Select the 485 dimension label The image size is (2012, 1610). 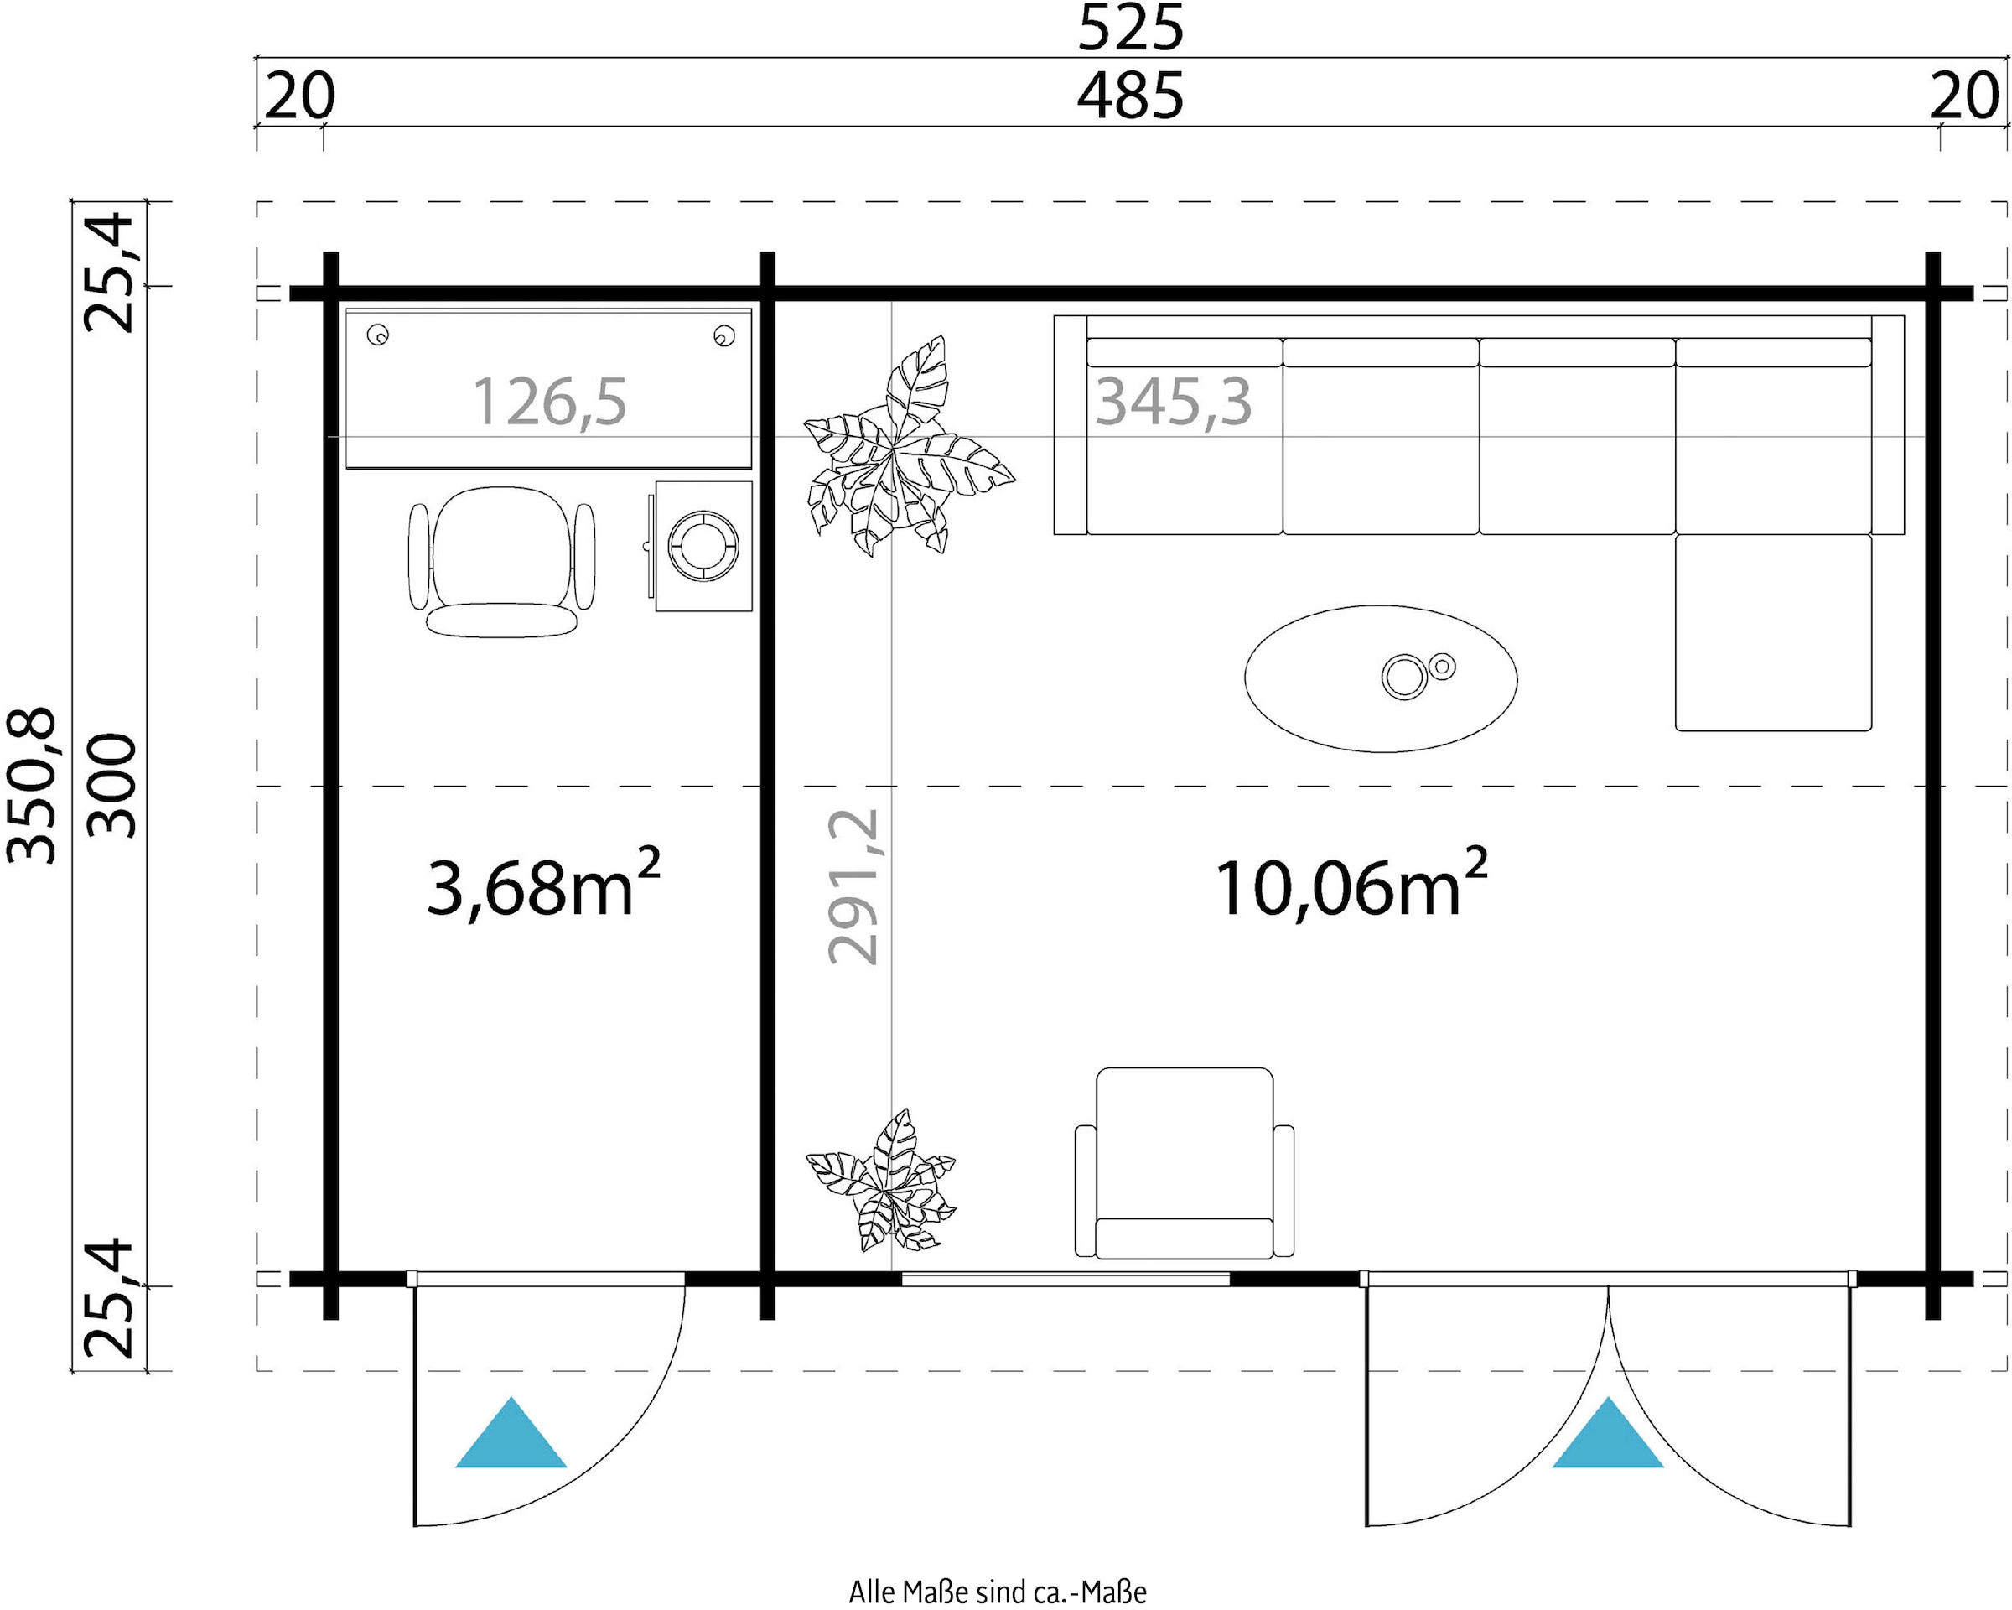[1130, 96]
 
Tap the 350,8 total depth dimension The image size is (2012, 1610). [31, 785]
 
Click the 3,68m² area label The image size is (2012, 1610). [544, 883]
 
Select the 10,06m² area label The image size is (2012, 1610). [1351, 883]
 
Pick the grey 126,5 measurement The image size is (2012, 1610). [550, 402]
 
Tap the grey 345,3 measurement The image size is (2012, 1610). [1173, 402]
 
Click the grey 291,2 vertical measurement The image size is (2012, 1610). [853, 885]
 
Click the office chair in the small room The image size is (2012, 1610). [502, 562]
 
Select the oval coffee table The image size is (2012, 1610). [1380, 678]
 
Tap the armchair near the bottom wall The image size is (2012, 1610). [1185, 1163]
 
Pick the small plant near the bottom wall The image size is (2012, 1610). [881, 1182]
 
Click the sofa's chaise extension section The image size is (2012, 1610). [1773, 632]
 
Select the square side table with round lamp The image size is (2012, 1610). [703, 546]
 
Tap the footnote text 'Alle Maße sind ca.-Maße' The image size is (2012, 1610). [998, 1592]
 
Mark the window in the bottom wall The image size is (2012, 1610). [1065, 1279]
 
